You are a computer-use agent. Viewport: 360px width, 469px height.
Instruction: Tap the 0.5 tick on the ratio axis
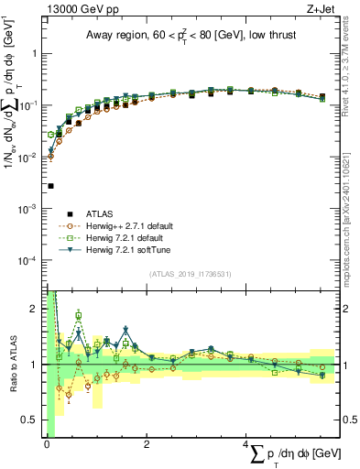coord(33,420)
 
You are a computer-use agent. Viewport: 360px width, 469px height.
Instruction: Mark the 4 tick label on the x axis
coord(248,445)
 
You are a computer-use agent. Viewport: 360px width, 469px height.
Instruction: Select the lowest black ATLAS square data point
coord(50,186)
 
